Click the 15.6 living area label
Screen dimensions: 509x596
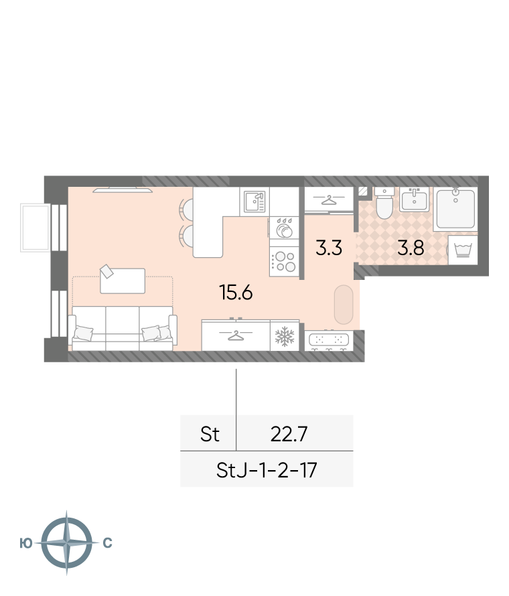(236, 293)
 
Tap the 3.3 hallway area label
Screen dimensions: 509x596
(329, 248)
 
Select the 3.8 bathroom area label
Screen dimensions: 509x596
(411, 248)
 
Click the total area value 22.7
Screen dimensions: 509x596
(289, 434)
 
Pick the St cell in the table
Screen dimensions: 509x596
(210, 434)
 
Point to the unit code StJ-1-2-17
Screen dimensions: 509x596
(267, 470)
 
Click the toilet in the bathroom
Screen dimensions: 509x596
(384, 204)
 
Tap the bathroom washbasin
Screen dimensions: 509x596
(414, 200)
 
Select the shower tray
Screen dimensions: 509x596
(455, 209)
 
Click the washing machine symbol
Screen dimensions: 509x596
(463, 250)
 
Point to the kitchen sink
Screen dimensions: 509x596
(254, 202)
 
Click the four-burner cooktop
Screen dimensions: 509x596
(285, 262)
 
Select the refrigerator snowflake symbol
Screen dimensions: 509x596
(285, 336)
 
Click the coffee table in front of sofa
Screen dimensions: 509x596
(123, 281)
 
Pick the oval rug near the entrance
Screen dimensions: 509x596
(344, 305)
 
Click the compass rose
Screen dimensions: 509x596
(66, 542)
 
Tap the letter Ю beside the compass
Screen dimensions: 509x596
(26, 543)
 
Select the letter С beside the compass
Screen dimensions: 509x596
(107, 543)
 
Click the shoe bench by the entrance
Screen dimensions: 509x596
(329, 341)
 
